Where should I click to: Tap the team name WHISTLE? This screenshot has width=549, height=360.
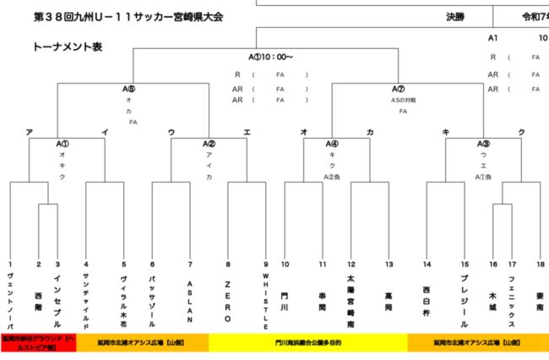tap(265, 301)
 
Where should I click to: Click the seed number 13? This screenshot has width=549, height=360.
tap(389, 265)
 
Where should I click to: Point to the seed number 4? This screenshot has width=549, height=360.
tap(85, 265)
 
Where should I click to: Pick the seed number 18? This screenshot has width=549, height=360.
tap(540, 265)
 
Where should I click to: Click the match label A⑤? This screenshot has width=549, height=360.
tap(129, 89)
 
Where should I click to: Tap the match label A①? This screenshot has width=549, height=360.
tap(63, 143)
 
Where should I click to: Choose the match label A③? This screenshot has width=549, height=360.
tap(483, 143)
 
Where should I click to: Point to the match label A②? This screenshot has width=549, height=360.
tap(209, 143)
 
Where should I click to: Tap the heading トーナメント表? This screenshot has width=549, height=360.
tap(68, 46)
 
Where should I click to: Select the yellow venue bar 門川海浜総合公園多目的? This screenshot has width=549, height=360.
tap(307, 344)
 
